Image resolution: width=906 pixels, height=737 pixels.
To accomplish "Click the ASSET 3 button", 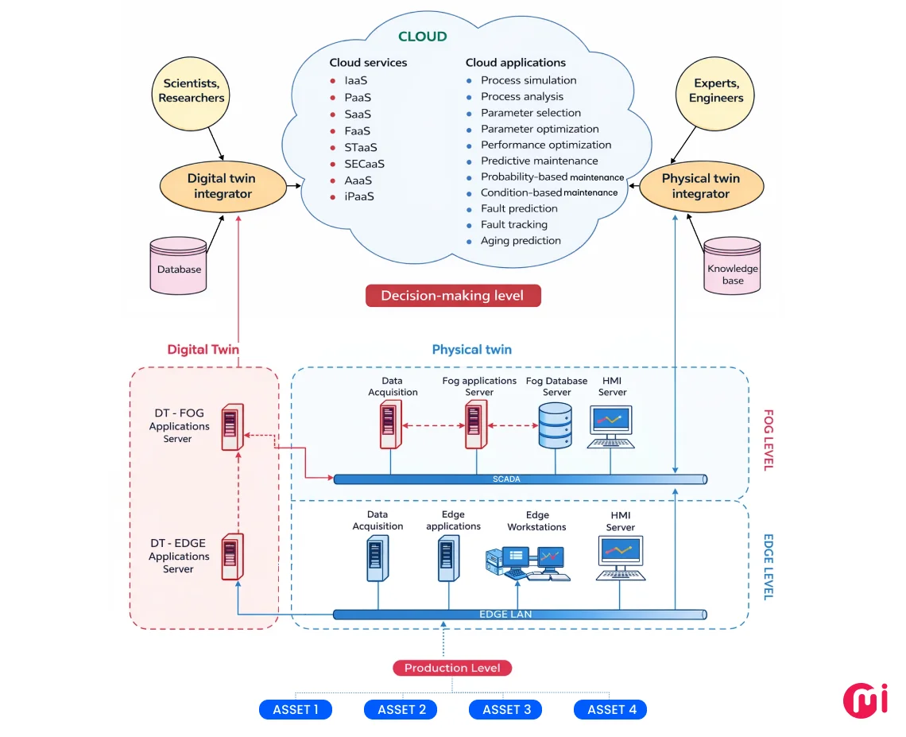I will coord(505,709).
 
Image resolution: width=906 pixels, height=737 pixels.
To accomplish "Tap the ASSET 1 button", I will coord(296,709).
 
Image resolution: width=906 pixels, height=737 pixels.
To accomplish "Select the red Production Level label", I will coord(452,668).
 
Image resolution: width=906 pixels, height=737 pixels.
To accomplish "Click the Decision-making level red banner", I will coord(453,296).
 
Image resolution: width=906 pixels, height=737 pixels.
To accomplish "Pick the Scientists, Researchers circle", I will coord(192,91).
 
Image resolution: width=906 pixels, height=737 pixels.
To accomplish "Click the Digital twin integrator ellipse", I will coord(222,186).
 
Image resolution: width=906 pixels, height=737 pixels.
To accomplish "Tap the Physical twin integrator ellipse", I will coord(701,186).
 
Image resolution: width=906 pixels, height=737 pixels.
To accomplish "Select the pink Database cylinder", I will coord(179,264).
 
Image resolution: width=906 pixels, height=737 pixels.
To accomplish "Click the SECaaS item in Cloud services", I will coord(364,164).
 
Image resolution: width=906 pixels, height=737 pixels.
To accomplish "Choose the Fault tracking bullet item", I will coord(514,225).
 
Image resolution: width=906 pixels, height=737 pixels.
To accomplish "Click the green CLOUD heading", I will coord(422,37).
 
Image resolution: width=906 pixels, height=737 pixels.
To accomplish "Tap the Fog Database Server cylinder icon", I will coord(556,425).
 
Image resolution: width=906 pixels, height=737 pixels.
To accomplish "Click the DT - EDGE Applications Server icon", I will coord(232,555).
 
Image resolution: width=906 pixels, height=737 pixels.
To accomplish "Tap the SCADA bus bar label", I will coord(505,479).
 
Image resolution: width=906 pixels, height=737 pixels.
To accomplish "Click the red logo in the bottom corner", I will coord(865,698).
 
